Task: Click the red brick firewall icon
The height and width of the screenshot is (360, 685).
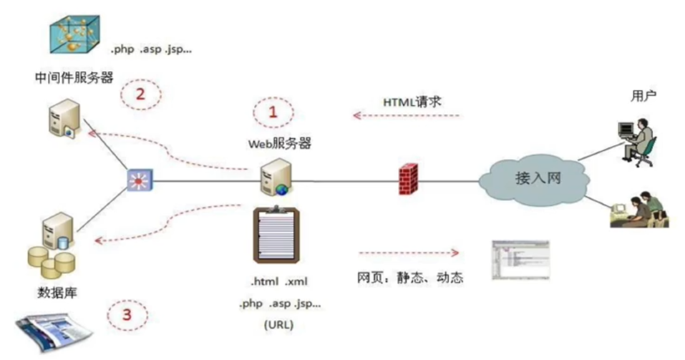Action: coord(408,180)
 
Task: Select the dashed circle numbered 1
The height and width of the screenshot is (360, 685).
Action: coord(272,112)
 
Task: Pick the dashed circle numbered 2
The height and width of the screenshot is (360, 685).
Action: coord(140,95)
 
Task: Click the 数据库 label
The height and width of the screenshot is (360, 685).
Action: coord(57,291)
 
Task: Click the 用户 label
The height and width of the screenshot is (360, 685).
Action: coord(644,95)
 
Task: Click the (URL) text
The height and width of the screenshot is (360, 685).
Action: coord(279,324)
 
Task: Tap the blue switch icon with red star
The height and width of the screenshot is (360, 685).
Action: coord(137,180)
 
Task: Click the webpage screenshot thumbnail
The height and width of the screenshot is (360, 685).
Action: coord(520,259)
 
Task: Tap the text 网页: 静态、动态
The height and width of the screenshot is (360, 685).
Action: coord(410,278)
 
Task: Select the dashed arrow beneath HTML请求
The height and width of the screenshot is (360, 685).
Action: coord(406,115)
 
